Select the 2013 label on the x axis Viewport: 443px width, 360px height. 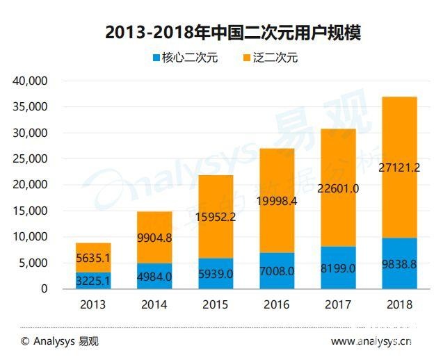point(92,304)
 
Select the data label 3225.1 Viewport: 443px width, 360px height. point(92,281)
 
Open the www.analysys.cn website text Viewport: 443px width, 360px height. point(371,341)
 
